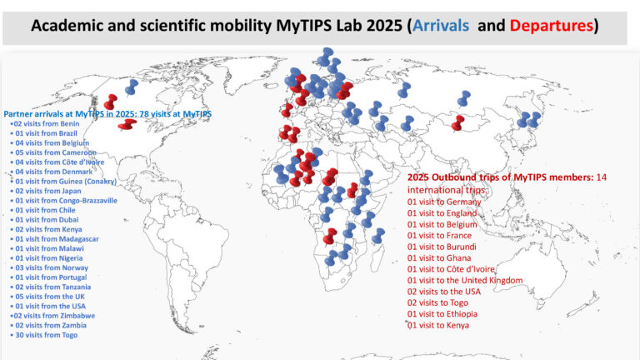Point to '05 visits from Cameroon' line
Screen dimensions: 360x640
[52, 152]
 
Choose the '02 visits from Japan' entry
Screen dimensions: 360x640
[47, 191]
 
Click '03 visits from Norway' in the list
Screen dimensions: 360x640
[49, 267]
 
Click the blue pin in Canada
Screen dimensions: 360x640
[131, 87]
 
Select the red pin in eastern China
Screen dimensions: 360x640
[457, 123]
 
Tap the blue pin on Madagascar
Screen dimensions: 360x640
[377, 237]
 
